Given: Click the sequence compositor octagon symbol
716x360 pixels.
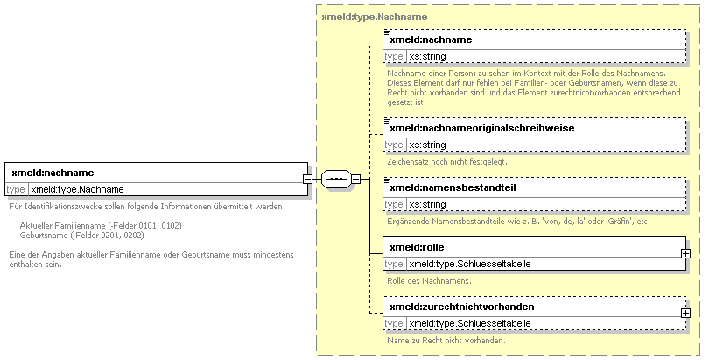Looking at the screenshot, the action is [x=336, y=179].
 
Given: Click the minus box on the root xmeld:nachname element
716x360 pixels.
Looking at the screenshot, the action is [x=308, y=179].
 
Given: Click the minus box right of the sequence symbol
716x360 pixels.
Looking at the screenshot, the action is [x=355, y=179].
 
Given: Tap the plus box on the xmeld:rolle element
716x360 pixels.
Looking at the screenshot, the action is [x=685, y=253].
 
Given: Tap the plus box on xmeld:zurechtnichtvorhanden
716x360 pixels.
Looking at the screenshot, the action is [x=685, y=313].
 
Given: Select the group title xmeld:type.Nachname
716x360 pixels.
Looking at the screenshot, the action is [x=375, y=17].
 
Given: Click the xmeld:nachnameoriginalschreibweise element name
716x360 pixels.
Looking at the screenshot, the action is [x=481, y=128].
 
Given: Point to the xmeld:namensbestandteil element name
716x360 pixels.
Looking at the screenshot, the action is [x=453, y=187].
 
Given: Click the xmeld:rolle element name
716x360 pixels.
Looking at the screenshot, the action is [x=417, y=247].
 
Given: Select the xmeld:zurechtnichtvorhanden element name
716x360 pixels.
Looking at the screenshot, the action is [x=461, y=307].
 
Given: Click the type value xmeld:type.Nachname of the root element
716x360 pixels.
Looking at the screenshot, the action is [x=77, y=189].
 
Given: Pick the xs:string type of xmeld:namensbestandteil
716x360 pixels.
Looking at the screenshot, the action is [x=427, y=204].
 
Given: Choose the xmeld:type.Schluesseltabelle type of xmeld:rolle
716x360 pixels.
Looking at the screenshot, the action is [x=470, y=264].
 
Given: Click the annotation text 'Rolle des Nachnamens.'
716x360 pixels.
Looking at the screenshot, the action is [x=429, y=281].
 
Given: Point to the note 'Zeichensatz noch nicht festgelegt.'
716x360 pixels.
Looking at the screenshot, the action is [x=447, y=162].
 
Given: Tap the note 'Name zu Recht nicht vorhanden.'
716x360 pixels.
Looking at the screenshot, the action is [x=446, y=341].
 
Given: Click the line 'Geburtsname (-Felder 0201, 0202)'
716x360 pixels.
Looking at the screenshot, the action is [x=81, y=236].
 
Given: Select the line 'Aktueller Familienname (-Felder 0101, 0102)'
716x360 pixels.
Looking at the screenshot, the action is [x=101, y=226].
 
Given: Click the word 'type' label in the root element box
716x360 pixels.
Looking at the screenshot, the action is [x=16, y=189].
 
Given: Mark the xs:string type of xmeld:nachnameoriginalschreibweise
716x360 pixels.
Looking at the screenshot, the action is [x=427, y=145].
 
